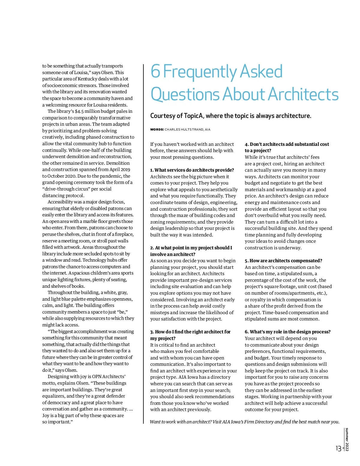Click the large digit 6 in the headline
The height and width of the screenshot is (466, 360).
(x=155, y=71)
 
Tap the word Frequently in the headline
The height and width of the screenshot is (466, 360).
(x=200, y=72)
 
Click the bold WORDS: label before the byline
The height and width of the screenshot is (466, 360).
(x=157, y=130)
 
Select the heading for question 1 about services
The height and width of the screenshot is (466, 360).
(x=192, y=170)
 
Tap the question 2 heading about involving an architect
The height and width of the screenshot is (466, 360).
(x=191, y=251)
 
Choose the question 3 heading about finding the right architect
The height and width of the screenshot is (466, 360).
(x=190, y=335)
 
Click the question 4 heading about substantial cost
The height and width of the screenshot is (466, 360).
(x=287, y=147)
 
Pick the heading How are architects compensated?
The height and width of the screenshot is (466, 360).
(x=283, y=260)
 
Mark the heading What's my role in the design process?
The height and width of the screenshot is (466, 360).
(x=287, y=332)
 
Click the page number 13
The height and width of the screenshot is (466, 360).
(x=338, y=449)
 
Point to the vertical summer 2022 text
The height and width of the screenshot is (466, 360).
(x=347, y=439)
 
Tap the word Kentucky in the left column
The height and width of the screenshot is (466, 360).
(x=87, y=79)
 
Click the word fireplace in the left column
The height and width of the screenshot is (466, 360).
(x=122, y=234)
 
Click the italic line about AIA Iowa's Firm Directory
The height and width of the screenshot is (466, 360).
(x=244, y=422)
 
